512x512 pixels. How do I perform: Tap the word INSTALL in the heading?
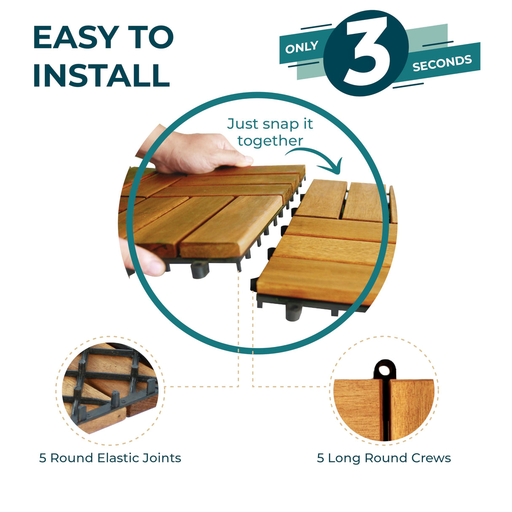pyautogui.click(x=101, y=76)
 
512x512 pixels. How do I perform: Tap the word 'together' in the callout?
pyautogui.click(x=270, y=141)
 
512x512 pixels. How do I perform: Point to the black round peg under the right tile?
pyautogui.click(x=294, y=313)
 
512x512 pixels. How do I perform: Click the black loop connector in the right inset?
pyautogui.click(x=384, y=370)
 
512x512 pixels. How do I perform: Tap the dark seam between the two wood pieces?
pyautogui.click(x=385, y=409)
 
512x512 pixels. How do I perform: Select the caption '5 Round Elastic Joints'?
pyautogui.click(x=110, y=458)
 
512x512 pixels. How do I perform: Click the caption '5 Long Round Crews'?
pyautogui.click(x=384, y=458)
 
